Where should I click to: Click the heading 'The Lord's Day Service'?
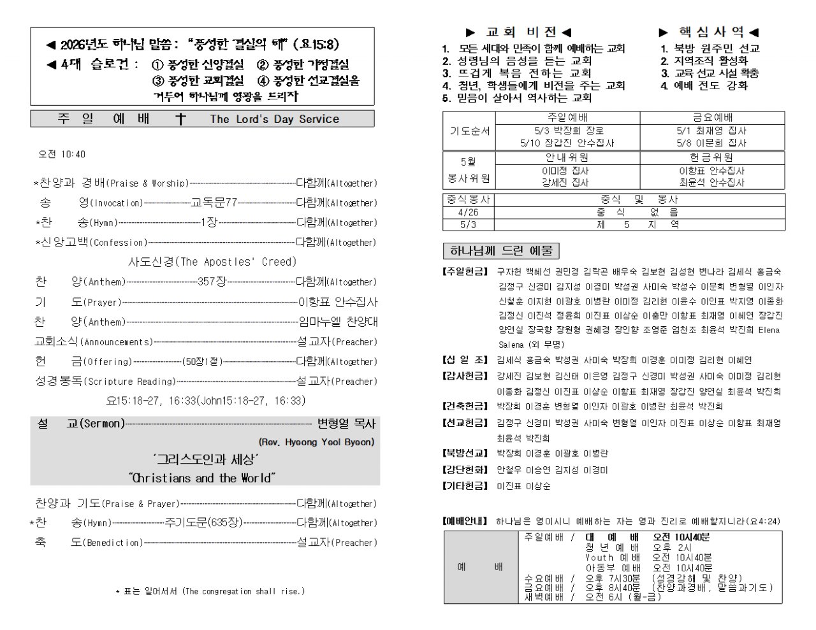point(274,119)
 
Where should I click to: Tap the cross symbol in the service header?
point(180,119)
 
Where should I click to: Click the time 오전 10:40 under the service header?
point(62,154)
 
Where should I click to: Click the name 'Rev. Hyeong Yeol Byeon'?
point(316,442)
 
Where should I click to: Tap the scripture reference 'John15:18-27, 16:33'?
point(251,401)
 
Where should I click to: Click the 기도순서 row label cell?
point(470,131)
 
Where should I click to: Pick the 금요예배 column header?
point(712,117)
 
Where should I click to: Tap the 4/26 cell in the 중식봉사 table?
point(468,212)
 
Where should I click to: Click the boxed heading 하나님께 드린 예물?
point(500,250)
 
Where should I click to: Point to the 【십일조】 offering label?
point(466,360)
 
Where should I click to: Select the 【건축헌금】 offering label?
point(466,406)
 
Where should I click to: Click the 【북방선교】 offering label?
point(466,454)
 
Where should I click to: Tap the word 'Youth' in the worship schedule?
point(599,557)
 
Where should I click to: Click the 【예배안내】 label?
point(466,522)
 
